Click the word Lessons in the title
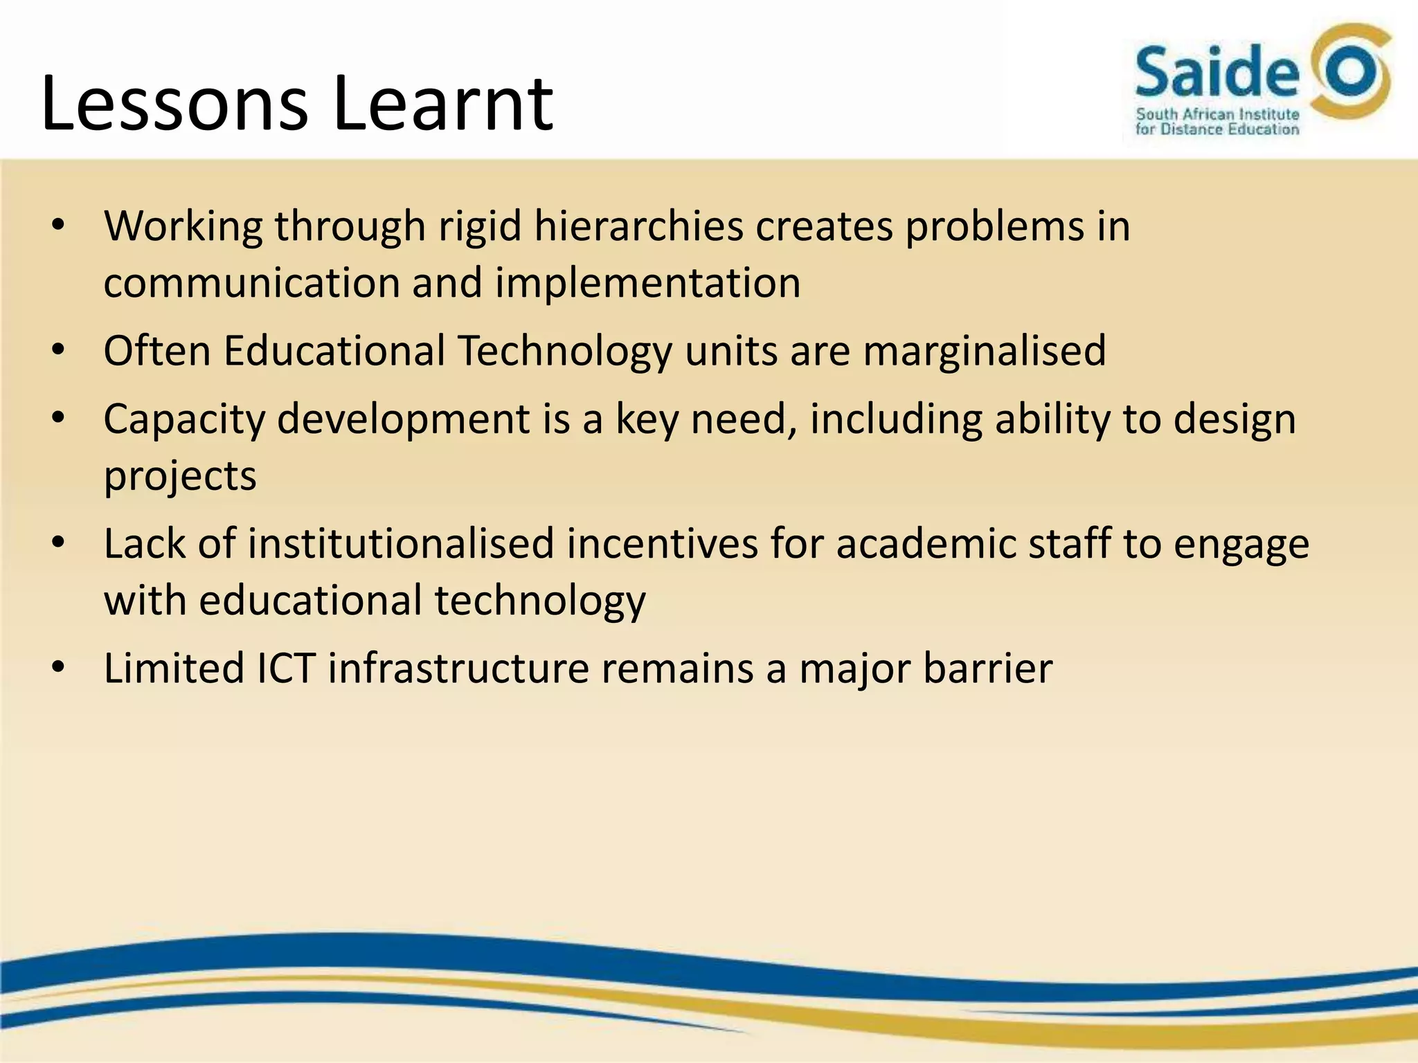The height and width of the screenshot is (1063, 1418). (x=174, y=104)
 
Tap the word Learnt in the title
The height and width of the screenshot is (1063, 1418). (x=443, y=104)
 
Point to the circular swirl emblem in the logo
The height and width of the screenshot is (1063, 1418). (x=1351, y=73)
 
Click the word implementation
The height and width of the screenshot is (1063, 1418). (x=648, y=283)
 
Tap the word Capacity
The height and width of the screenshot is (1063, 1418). (x=184, y=420)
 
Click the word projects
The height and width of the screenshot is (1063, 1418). (x=180, y=477)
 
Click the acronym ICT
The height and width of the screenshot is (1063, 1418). (x=286, y=669)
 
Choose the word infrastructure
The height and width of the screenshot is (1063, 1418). (x=458, y=669)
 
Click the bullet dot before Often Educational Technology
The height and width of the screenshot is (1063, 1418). (x=58, y=350)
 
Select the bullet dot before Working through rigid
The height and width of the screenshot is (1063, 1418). (x=58, y=226)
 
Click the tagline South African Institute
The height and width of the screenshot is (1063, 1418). (x=1217, y=114)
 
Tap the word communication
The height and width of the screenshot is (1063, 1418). (x=251, y=283)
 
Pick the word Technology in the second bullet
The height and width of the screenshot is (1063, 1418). (x=564, y=351)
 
